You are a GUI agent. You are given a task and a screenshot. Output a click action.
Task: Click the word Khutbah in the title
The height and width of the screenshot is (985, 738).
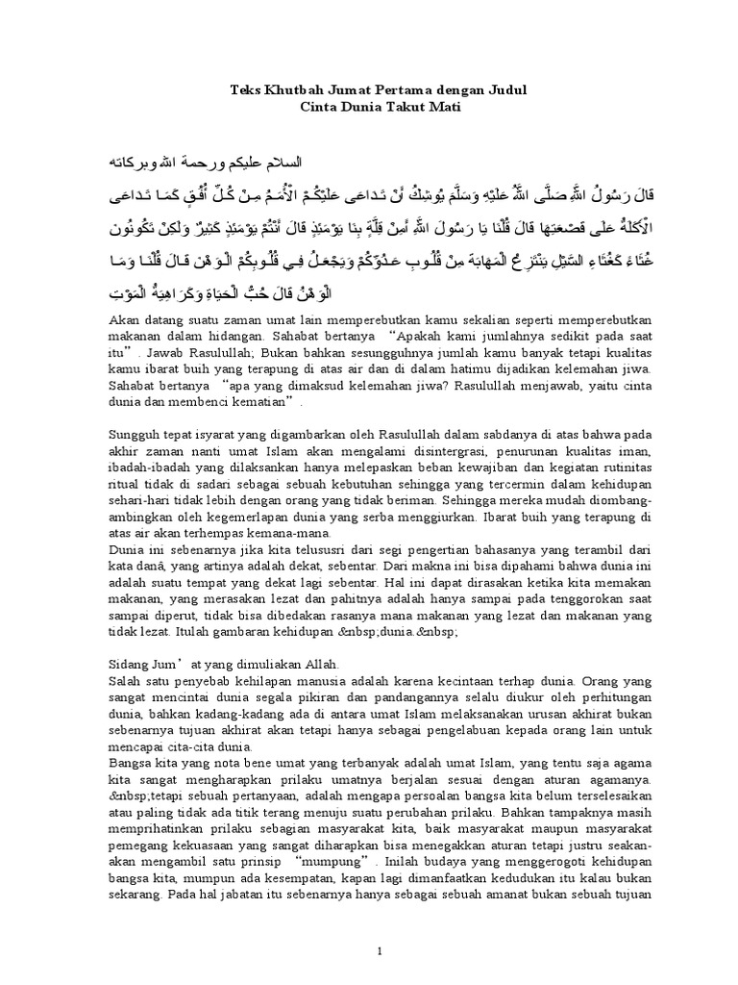point(284,89)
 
